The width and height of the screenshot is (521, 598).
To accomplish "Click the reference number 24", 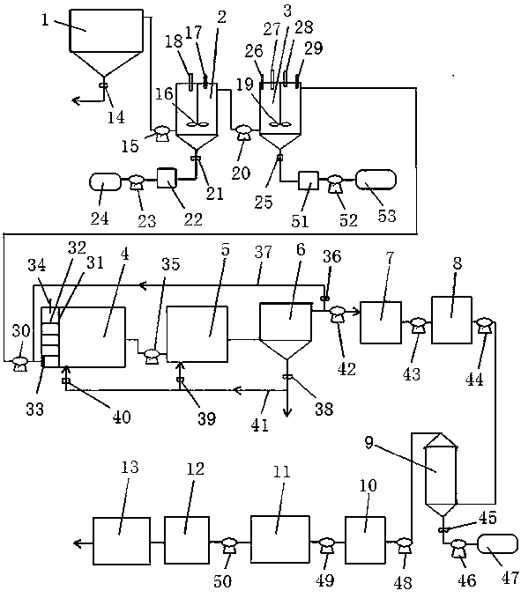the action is click(100, 218).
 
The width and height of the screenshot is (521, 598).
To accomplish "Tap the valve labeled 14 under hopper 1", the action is click(102, 85).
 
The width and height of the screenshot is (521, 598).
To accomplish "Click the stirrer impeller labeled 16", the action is click(197, 123).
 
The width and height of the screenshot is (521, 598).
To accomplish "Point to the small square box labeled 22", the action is click(167, 179).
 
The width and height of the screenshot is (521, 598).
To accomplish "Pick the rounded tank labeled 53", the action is click(376, 180).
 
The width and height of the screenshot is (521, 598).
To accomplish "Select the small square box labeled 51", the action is click(309, 181).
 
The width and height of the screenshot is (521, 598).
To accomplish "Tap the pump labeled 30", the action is click(20, 364).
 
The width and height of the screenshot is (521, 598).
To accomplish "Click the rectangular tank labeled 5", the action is click(197, 334).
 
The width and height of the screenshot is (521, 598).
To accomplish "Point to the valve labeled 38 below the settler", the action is click(287, 377).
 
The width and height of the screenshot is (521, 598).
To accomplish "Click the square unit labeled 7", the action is click(381, 322).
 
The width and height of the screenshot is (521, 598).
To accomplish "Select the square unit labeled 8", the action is click(452, 320).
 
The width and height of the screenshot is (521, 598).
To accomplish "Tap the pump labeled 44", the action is click(484, 325).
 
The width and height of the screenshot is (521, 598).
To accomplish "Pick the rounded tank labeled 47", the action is click(498, 544).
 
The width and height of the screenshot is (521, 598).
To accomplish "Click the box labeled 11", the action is click(280, 540).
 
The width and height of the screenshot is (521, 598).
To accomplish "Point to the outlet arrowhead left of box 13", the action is click(78, 543).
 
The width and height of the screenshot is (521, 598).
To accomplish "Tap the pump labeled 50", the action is click(229, 545).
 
